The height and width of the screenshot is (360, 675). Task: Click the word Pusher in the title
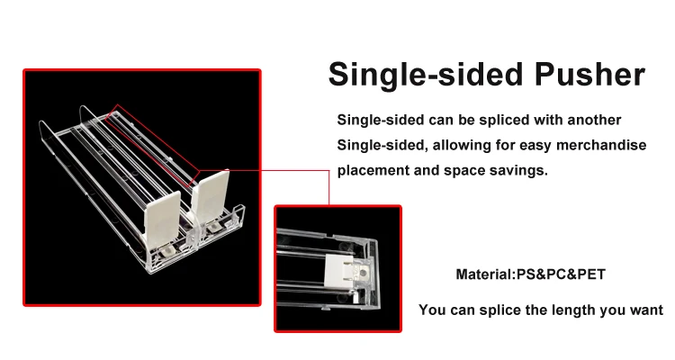pos(589,75)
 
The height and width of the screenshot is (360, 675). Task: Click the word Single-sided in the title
pos(426,76)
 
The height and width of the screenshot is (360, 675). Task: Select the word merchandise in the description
pos(601,145)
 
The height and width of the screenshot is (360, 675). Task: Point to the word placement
pos(373,170)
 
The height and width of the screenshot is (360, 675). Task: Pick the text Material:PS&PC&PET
pos(530,274)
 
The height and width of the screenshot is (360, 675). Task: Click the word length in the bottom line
pos(576,310)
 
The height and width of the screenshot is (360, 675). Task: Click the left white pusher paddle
pos(162,220)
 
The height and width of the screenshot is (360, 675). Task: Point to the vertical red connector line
pos(328,187)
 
